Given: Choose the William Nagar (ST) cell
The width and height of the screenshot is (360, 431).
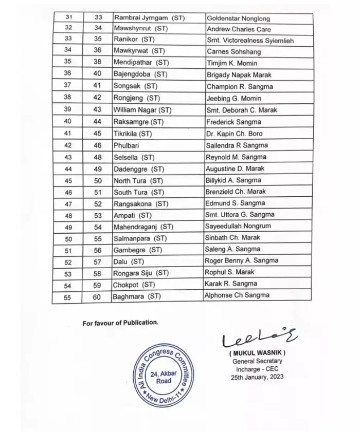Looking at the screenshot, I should (142, 110).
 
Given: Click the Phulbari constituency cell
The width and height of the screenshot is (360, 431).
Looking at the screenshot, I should (125, 145).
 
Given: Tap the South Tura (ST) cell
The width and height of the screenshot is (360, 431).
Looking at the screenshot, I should (138, 192).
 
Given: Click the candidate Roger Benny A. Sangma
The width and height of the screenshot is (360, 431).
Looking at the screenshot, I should (242, 260).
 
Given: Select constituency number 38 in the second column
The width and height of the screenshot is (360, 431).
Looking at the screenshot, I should (99, 63).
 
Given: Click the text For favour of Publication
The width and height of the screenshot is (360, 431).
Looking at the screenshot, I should (121, 323).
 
